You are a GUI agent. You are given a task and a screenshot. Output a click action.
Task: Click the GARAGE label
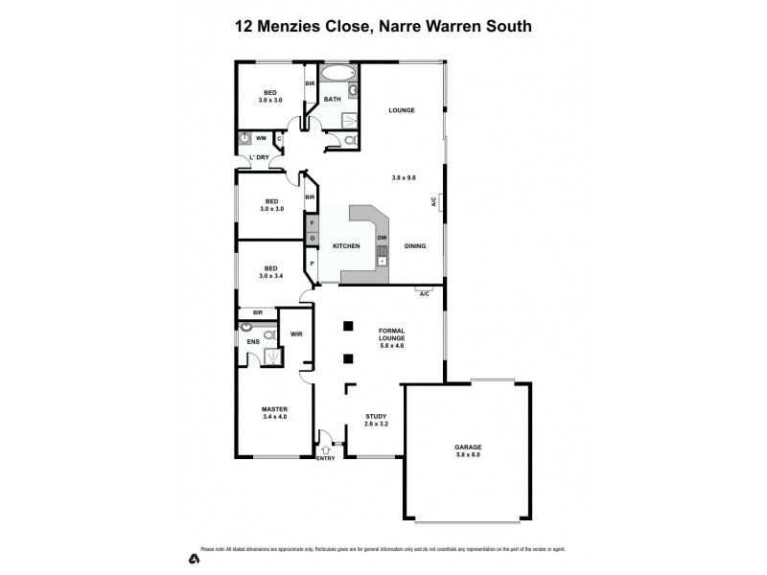(x=467, y=447)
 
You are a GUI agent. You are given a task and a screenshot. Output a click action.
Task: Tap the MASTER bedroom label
(x=274, y=408)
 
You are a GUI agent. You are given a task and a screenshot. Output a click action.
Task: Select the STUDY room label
(x=375, y=417)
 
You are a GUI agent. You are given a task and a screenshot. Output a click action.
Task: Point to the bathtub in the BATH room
(x=336, y=73)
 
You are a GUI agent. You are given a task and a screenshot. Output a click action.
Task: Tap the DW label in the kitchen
(x=382, y=237)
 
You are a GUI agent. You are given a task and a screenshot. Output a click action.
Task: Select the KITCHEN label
(x=346, y=246)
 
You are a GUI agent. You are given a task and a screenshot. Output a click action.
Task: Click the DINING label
(x=415, y=246)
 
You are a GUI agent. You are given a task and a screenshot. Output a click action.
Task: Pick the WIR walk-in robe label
(x=296, y=334)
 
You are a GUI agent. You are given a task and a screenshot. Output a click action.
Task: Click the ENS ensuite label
(x=252, y=341)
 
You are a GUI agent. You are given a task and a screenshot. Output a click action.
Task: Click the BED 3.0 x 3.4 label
(x=272, y=272)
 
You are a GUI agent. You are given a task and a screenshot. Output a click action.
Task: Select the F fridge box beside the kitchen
(x=312, y=222)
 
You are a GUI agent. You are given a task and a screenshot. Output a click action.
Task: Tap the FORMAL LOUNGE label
(x=391, y=333)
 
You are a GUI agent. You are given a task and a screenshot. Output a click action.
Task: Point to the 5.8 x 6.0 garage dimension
(x=467, y=455)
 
